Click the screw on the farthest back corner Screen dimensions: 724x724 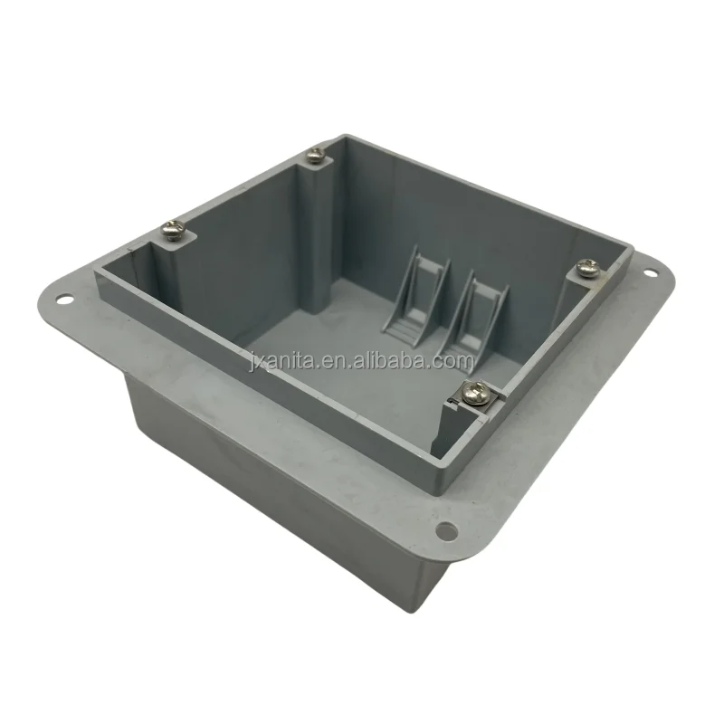click(x=316, y=156)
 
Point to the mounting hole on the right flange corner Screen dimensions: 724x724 click(x=650, y=271)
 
